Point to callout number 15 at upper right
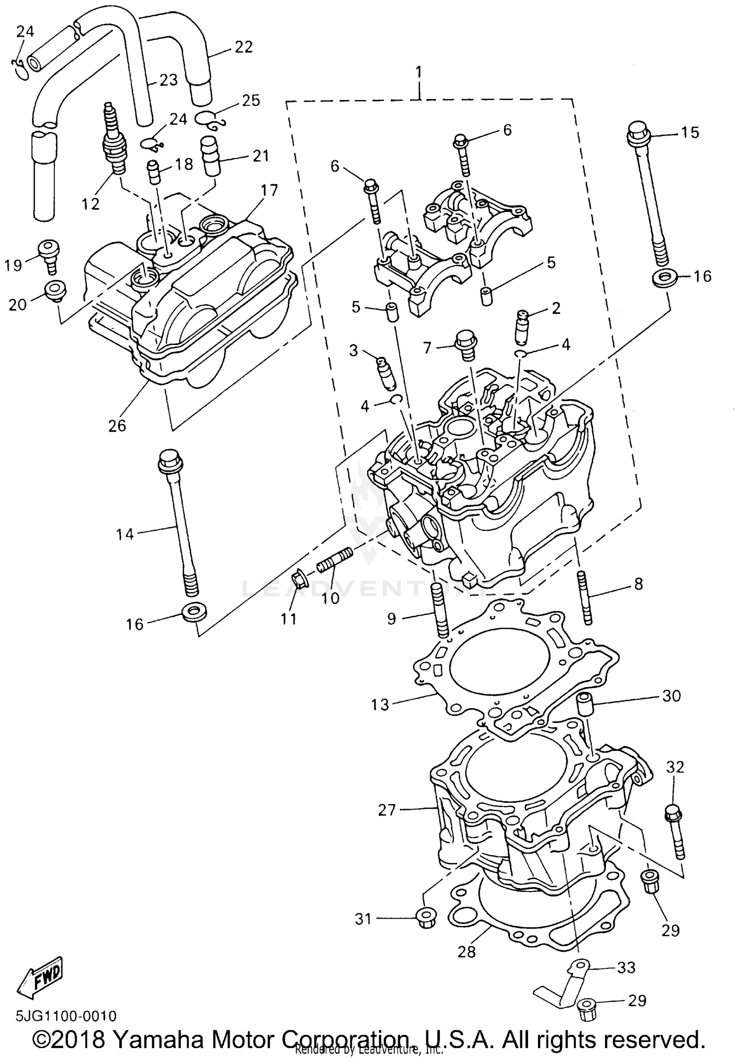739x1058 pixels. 690,132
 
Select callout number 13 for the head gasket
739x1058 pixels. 380,704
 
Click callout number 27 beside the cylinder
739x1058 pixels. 387,810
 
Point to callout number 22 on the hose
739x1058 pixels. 243,47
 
